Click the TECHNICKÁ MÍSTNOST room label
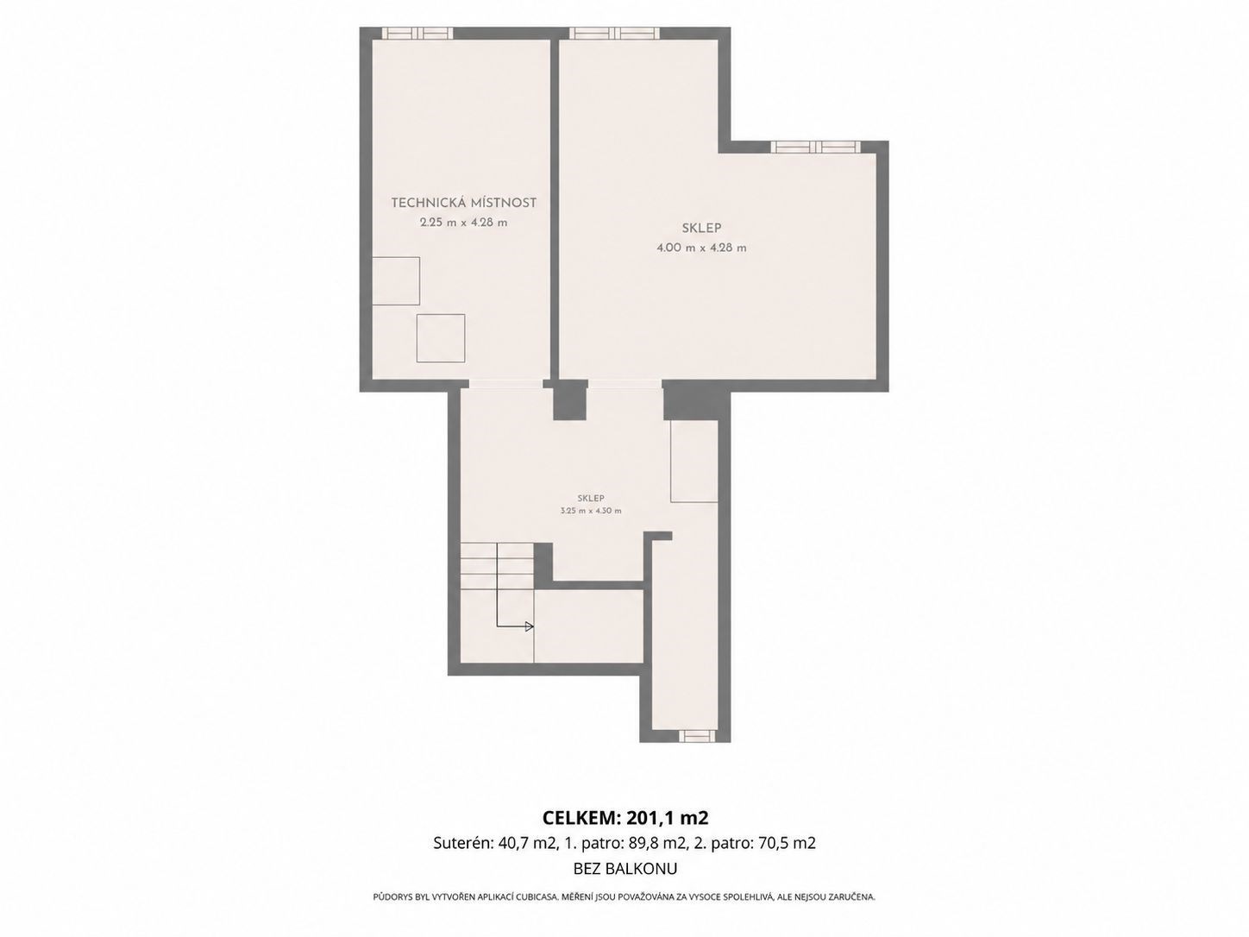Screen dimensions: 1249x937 point(464,202)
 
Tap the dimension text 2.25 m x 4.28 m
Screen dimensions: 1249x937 point(464,223)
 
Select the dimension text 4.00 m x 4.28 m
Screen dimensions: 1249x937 point(701,248)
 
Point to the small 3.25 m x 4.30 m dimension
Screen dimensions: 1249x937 point(591,511)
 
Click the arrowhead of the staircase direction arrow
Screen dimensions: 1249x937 point(530,627)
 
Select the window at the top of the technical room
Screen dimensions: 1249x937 point(417,33)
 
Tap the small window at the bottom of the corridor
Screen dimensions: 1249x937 point(696,737)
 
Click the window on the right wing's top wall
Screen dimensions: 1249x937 point(816,147)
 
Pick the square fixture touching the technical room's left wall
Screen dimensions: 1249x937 point(396,281)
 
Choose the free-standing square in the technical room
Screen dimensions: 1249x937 point(441,338)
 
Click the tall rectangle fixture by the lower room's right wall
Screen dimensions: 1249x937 point(694,462)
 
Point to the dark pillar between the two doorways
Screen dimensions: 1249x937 point(570,400)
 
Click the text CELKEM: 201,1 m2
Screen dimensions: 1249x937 point(624,818)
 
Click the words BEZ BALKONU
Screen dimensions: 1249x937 point(625,869)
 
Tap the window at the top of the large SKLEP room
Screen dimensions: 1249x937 point(615,33)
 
